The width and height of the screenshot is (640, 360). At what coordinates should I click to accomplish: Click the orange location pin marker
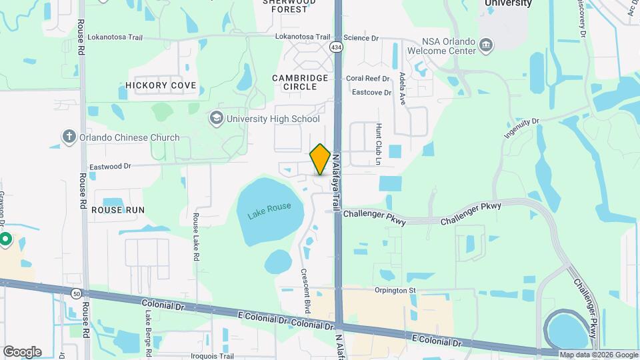tap(321, 159)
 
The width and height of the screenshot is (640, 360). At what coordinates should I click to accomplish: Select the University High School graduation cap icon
tap(216, 119)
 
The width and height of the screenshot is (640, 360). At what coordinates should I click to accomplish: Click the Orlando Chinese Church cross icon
tap(69, 137)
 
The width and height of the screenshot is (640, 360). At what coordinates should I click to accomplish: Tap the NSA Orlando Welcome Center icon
tap(487, 45)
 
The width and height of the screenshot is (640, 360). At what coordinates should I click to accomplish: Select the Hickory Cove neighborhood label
tap(161, 85)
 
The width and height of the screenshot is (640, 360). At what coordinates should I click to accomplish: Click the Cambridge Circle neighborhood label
tap(300, 82)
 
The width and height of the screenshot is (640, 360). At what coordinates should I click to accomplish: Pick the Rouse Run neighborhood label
tap(118, 209)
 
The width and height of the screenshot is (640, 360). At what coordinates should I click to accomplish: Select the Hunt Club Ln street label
tap(377, 144)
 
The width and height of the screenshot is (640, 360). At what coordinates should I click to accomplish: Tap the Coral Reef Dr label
tap(367, 78)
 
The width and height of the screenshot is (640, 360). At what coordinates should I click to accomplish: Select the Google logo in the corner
tap(22, 351)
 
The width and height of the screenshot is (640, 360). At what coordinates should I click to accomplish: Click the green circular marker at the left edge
tap(5, 239)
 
